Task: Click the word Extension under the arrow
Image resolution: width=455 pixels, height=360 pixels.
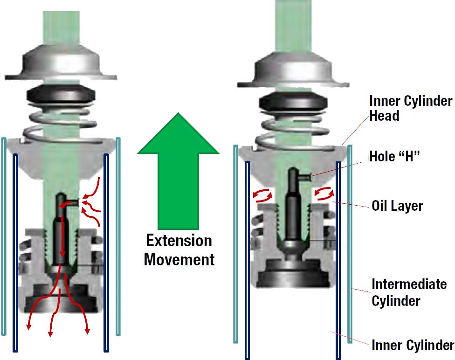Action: (179, 241)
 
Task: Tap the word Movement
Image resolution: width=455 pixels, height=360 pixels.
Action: (179, 259)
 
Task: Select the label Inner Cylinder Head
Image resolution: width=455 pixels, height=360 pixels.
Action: (410, 108)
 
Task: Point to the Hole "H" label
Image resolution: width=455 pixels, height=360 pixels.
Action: (394, 156)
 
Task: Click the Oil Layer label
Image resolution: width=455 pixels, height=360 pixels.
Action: (397, 206)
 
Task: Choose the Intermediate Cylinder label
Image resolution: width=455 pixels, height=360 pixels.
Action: (408, 292)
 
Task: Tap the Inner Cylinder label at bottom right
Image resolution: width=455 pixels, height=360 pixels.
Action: (412, 346)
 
